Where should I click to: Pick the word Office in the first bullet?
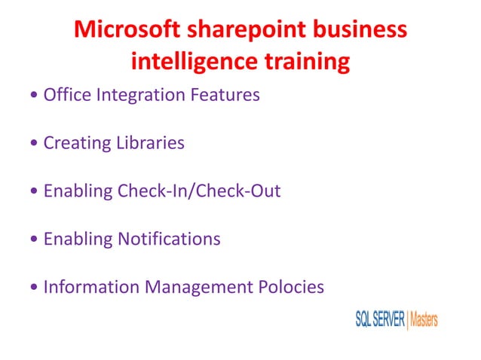63,96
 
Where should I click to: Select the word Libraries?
149,143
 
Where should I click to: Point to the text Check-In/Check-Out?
199,191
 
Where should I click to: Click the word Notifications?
169,239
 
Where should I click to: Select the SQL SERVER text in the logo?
380,319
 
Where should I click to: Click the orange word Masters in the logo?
424,319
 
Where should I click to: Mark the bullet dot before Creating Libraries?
35,144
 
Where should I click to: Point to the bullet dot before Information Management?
35,288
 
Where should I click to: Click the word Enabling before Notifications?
78,239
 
